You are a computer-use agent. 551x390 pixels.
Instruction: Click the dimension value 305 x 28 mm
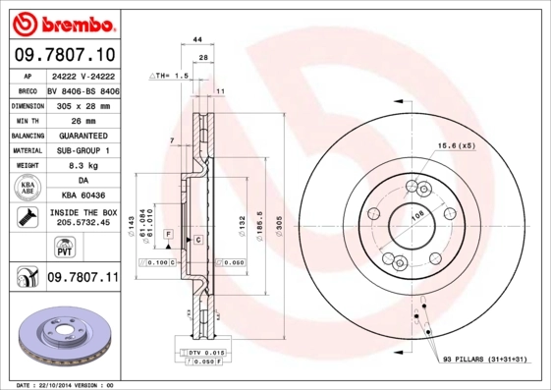pos(83,105)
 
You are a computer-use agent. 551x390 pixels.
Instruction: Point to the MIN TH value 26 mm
pos(83,120)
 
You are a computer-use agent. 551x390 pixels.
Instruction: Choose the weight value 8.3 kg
pos(83,166)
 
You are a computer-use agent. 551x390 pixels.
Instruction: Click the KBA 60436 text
pos(83,196)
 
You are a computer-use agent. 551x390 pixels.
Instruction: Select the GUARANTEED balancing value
pos(83,136)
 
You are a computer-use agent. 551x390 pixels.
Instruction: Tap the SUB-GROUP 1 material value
pos(83,150)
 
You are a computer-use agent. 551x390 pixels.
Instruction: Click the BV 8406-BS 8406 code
pos(83,89)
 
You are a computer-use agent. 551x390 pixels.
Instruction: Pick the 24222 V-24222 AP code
pos(83,75)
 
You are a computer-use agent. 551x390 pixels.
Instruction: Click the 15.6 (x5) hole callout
pos(457,146)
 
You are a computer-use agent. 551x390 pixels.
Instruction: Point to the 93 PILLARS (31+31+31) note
pos(485,361)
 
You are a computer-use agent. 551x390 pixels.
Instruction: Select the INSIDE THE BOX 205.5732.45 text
pos(83,218)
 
